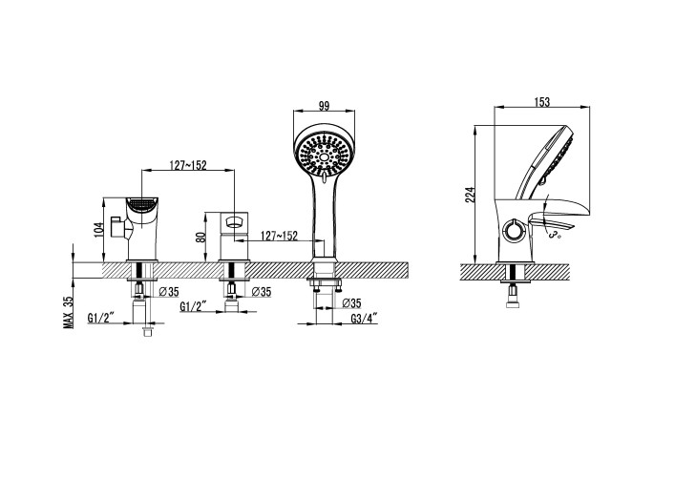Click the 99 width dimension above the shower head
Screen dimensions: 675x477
click(325, 106)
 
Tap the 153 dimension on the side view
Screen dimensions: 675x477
click(542, 102)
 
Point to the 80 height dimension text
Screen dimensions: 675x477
click(200, 237)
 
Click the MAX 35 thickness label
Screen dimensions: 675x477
click(68, 313)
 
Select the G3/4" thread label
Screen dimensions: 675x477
click(364, 319)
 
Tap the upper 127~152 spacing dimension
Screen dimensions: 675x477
click(188, 165)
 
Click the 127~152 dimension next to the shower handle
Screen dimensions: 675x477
click(280, 236)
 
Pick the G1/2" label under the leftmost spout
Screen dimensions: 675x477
click(100, 319)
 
